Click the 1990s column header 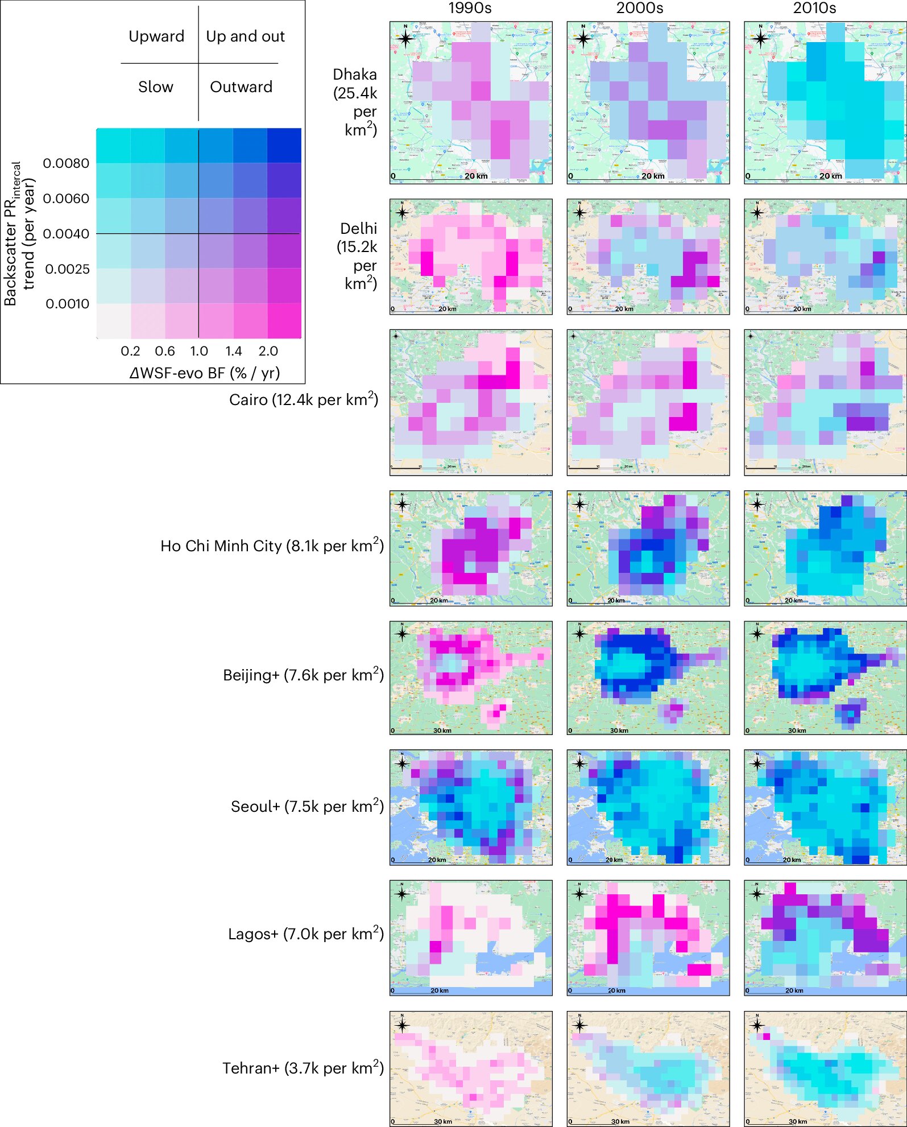click(470, 8)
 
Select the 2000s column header click(640, 8)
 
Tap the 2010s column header click(814, 8)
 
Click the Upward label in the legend click(156, 36)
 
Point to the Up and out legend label click(245, 36)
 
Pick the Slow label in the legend click(155, 87)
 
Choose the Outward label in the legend click(241, 87)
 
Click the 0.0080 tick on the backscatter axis click(66, 163)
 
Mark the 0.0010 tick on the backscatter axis click(67, 304)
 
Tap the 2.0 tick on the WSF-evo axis click(268, 351)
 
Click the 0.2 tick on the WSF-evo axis click(130, 351)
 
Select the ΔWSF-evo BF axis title click(205, 373)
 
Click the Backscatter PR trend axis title click(19, 233)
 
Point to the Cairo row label click(304, 399)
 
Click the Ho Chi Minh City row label click(272, 546)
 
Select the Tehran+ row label click(303, 1068)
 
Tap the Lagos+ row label click(306, 934)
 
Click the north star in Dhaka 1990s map click(405, 39)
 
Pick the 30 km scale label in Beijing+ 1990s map click(442, 730)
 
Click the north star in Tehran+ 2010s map click(757, 1026)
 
